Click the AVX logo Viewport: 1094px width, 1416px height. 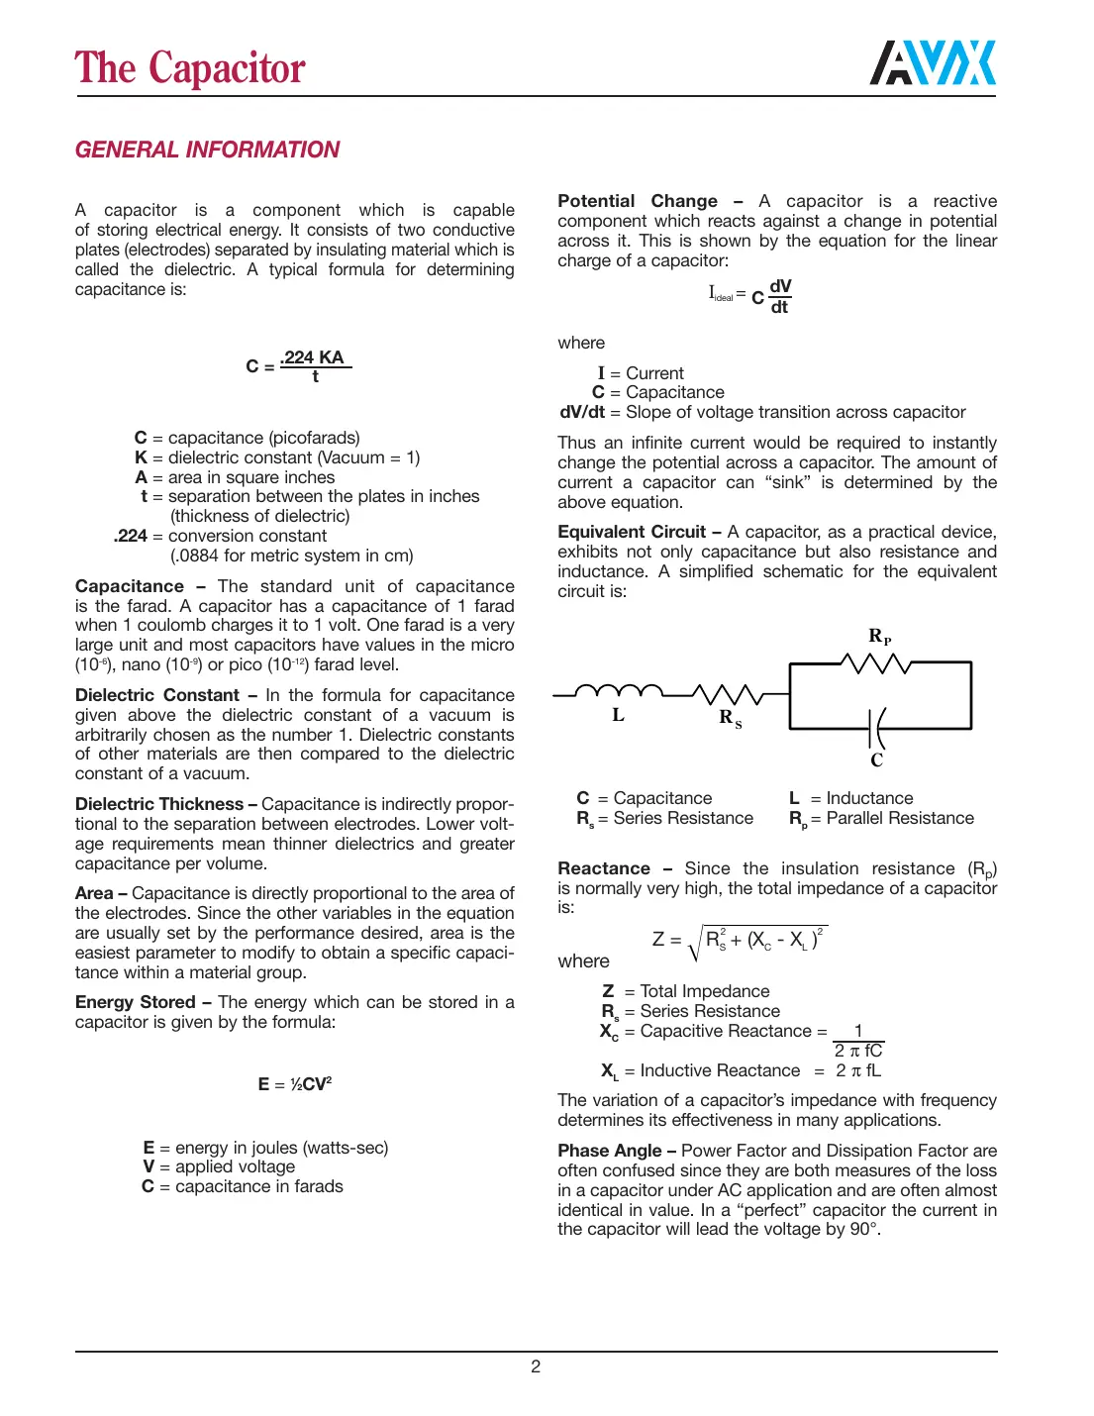(x=933, y=64)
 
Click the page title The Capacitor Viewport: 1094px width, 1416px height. (x=190, y=68)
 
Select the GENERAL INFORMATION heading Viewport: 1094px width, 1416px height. (x=207, y=150)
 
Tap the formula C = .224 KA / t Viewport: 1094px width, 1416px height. (x=299, y=365)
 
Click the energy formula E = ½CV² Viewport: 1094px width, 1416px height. (x=295, y=1084)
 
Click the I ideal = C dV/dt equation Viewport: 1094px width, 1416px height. (x=750, y=296)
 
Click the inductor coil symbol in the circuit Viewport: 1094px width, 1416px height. (x=619, y=690)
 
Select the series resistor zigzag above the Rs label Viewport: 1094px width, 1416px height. (x=727, y=693)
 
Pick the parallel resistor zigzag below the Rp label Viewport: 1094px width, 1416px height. (x=875, y=663)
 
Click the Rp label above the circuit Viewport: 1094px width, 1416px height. (x=879, y=637)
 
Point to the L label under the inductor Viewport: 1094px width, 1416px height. (x=618, y=715)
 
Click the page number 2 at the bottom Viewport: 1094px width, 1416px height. (x=536, y=1366)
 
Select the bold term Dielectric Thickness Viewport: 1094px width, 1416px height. (x=159, y=804)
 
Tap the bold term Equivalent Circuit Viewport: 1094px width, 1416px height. (x=632, y=532)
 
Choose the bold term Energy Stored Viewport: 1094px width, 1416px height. (x=136, y=1002)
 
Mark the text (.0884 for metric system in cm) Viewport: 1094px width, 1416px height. (x=292, y=556)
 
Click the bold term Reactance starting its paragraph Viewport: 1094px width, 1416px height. (x=604, y=868)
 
